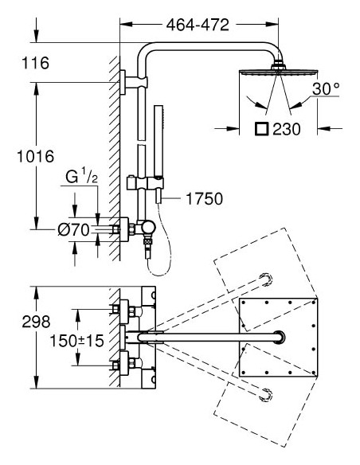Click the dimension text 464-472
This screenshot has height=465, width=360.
point(197,25)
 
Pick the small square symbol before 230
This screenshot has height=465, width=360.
point(260,128)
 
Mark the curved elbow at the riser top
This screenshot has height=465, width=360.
point(147,56)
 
